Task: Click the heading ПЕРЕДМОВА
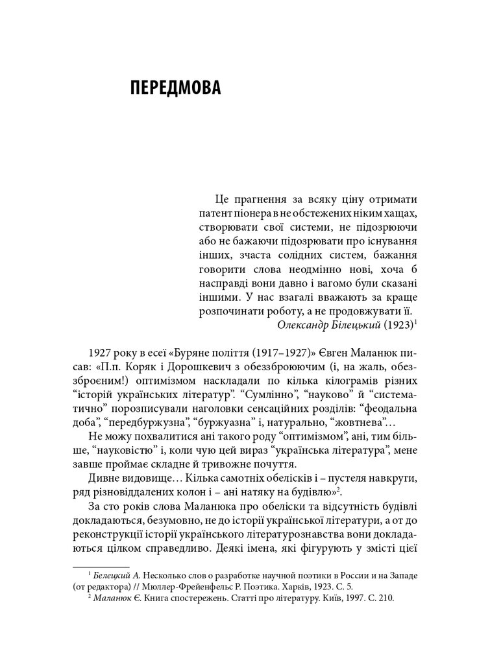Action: click(x=175, y=88)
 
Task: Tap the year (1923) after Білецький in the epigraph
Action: click(x=397, y=325)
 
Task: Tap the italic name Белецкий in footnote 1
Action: click(x=113, y=575)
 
